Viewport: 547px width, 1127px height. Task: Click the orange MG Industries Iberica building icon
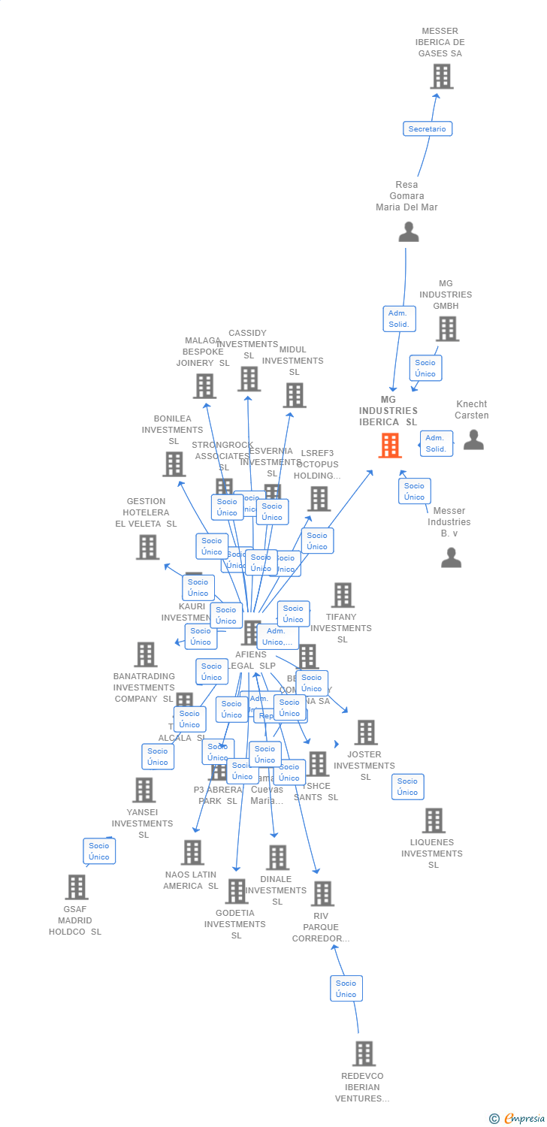[389, 446]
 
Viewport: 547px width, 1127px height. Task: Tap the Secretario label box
[427, 128]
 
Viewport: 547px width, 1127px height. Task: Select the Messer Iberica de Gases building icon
[442, 77]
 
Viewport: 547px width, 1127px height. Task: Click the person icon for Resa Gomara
[408, 231]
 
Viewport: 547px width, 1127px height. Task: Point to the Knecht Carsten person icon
[473, 440]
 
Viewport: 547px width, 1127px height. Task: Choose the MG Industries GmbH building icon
[447, 329]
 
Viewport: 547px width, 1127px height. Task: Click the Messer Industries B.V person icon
[451, 557]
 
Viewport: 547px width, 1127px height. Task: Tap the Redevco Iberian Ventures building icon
[364, 1053]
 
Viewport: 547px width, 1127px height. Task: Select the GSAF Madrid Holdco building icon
[76, 887]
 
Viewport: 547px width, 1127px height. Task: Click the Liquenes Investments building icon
[434, 820]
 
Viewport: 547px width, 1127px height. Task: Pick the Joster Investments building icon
[366, 733]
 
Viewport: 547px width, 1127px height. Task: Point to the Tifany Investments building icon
[343, 595]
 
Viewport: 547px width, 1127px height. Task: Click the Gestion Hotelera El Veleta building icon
[148, 547]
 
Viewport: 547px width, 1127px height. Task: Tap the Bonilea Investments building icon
[174, 464]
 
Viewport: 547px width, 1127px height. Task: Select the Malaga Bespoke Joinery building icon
[204, 386]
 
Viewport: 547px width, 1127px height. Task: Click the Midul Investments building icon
[295, 395]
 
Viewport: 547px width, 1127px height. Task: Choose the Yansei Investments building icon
[144, 790]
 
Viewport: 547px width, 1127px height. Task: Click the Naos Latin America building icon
[192, 852]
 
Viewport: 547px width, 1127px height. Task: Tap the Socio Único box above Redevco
[346, 988]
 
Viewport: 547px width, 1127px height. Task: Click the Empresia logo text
[524, 1119]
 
